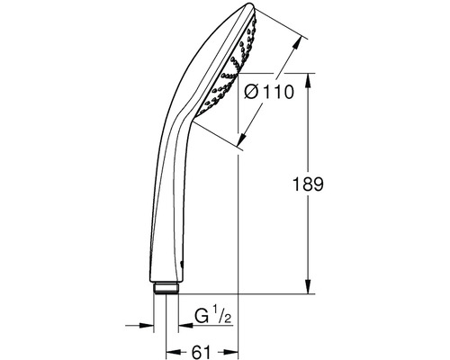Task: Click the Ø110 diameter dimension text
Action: (x=269, y=92)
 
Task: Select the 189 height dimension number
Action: (x=308, y=184)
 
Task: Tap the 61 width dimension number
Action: (x=201, y=352)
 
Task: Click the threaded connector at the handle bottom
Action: (x=166, y=288)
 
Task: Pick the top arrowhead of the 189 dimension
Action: (x=308, y=80)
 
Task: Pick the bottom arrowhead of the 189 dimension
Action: (x=308, y=287)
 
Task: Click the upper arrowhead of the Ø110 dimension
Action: (x=297, y=43)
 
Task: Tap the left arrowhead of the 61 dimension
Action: (x=173, y=352)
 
